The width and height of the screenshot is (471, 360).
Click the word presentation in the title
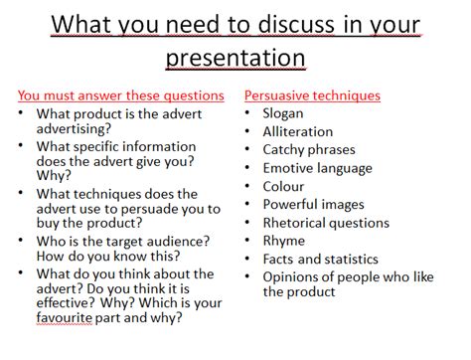click(x=235, y=58)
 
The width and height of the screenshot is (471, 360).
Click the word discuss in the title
click(x=296, y=25)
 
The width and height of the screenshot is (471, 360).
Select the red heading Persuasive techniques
click(x=312, y=95)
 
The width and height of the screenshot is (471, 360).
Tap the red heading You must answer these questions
click(x=121, y=95)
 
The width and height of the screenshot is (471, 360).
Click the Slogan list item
click(x=283, y=113)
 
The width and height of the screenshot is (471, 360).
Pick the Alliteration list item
click(x=298, y=131)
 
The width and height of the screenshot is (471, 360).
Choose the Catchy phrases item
click(x=309, y=150)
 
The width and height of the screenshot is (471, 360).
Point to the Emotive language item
click(x=318, y=168)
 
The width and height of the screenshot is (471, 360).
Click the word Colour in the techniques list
click(x=283, y=186)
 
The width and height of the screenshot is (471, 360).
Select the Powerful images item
click(x=314, y=205)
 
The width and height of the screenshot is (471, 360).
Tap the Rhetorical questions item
click(x=326, y=223)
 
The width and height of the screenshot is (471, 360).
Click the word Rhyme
click(x=284, y=241)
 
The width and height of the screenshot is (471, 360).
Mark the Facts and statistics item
click(x=321, y=259)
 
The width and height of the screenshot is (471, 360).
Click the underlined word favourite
click(x=65, y=317)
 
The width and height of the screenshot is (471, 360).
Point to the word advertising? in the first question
click(x=74, y=129)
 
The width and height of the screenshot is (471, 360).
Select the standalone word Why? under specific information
click(x=54, y=176)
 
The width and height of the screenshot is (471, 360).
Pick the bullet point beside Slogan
click(x=247, y=112)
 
